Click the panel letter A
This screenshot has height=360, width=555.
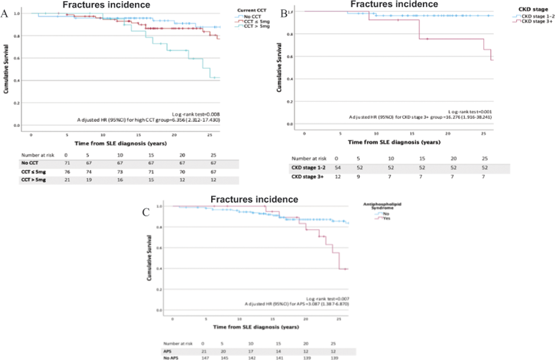[x=5, y=15]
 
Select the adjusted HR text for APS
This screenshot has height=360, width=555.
[x=296, y=305]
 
